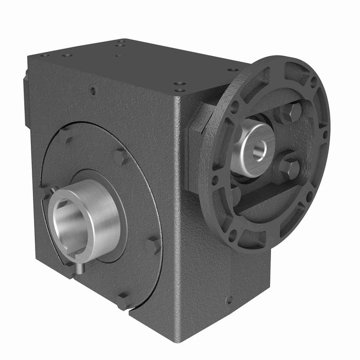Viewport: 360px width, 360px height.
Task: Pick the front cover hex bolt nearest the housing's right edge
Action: [153, 246]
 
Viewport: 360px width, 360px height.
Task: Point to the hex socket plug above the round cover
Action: [93, 91]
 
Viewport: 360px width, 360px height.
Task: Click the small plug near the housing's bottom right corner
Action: [229, 299]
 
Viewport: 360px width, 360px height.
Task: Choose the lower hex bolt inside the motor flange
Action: [291, 168]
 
